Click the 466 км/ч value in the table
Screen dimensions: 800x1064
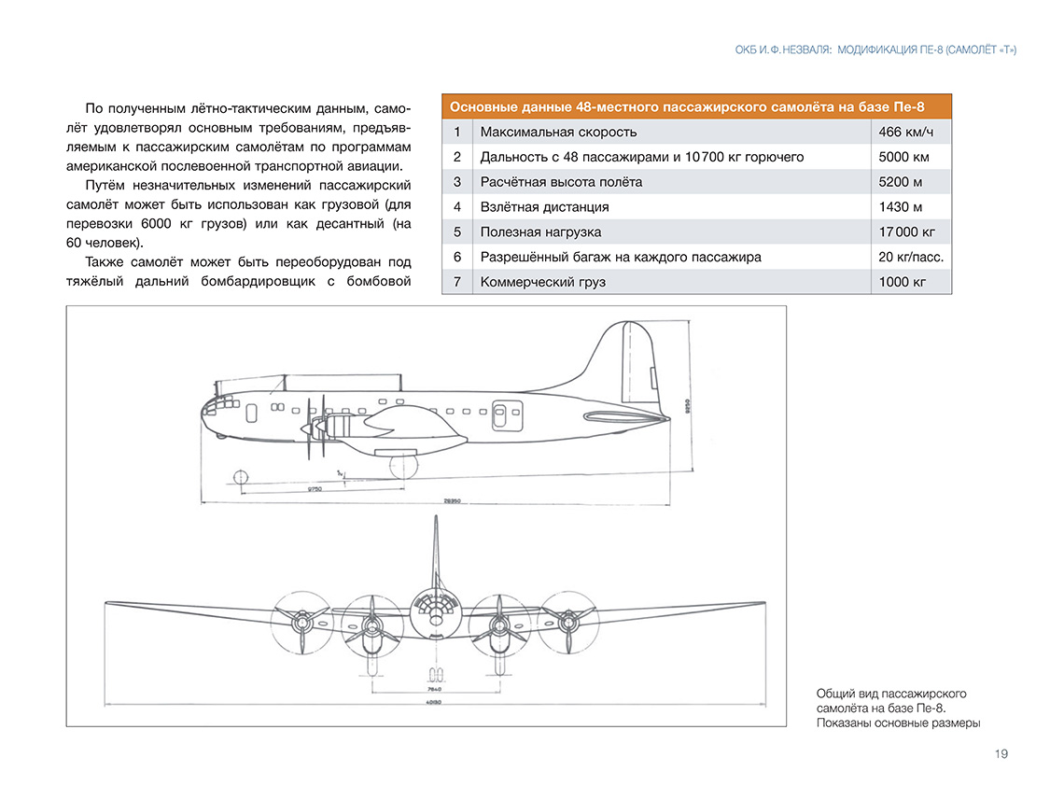(905, 132)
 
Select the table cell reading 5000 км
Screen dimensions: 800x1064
(903, 157)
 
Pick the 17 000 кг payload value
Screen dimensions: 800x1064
(907, 232)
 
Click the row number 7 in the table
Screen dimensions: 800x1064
(457, 281)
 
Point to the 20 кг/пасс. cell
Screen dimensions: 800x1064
(911, 257)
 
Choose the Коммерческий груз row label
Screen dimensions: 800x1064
(543, 281)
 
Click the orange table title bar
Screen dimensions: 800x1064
(696, 106)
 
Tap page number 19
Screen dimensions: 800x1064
(1001, 754)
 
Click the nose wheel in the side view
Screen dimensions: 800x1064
(240, 478)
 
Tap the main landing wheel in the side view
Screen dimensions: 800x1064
(403, 465)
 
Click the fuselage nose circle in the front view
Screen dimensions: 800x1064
(435, 614)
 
